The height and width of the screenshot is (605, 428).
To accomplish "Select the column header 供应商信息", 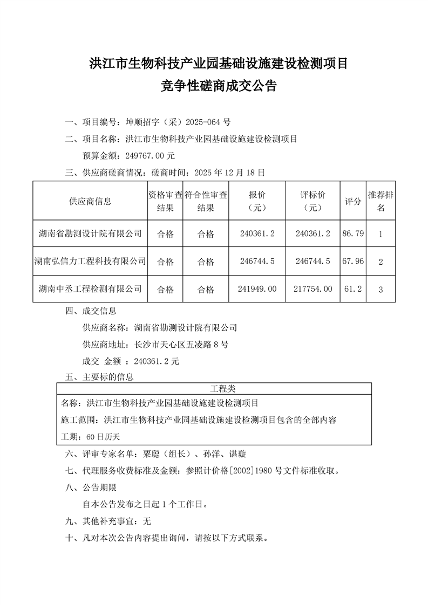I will (91, 201).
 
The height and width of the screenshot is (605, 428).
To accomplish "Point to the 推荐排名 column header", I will (381, 201).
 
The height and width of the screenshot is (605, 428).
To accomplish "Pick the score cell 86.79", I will (353, 234).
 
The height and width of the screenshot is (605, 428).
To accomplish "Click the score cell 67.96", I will (353, 262).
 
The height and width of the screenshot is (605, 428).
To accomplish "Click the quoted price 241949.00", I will (257, 289).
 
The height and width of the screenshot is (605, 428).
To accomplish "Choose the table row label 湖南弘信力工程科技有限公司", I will (90, 262).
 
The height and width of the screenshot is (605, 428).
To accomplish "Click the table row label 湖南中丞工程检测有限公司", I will (90, 289).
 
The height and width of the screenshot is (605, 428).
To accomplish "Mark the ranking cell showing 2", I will (381, 262).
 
